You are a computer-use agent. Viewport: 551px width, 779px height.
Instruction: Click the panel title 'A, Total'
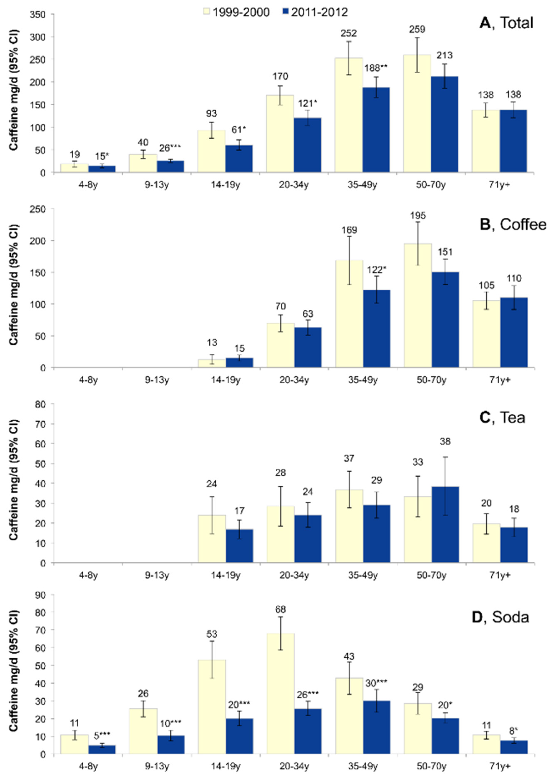click(x=506, y=23)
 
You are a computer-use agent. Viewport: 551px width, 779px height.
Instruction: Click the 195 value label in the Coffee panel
click(x=418, y=216)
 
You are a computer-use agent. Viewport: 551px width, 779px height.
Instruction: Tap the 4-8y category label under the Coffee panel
click(x=88, y=380)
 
